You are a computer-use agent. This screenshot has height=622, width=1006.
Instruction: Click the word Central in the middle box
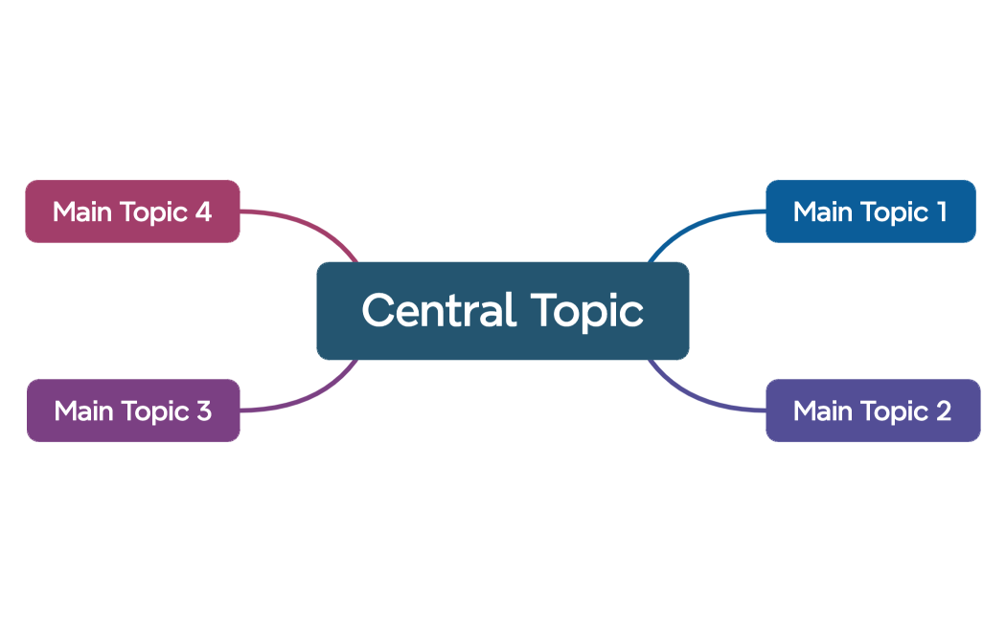point(438,310)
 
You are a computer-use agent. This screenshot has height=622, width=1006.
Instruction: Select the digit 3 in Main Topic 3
point(203,411)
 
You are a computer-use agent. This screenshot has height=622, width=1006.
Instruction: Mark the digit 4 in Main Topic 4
point(203,211)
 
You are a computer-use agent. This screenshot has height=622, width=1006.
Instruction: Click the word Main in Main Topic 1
point(823,211)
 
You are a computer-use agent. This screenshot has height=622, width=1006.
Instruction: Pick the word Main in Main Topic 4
point(82,211)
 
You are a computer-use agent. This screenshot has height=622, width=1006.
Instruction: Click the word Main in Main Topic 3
point(83,411)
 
